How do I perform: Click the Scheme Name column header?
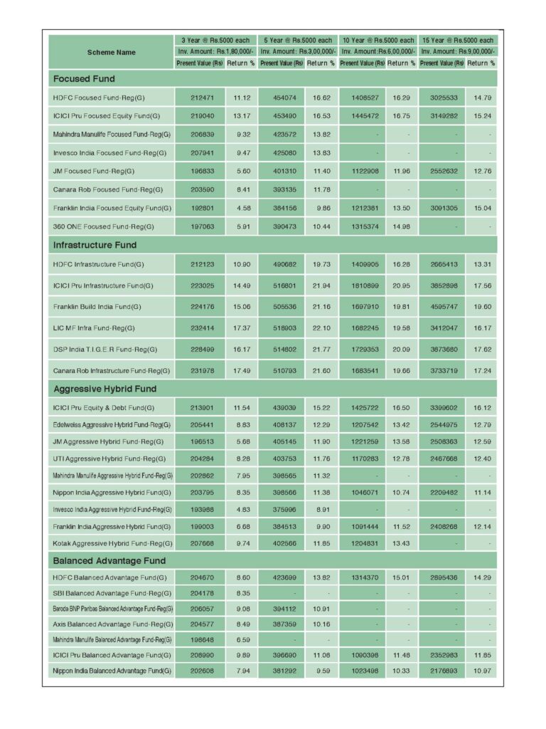point(111,52)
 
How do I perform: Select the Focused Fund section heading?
point(84,78)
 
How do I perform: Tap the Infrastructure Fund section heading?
point(95,245)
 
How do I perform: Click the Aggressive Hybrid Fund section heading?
point(105,389)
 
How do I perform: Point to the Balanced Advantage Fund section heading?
point(109,560)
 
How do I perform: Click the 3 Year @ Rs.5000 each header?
point(216,41)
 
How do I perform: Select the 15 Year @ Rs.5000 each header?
point(458,41)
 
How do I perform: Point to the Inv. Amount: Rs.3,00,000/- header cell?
point(296,52)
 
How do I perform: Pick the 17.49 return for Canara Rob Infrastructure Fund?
point(240,371)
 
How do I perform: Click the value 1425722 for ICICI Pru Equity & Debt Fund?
point(360,408)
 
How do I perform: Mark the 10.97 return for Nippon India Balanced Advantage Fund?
point(480,670)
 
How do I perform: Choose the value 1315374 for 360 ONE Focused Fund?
point(360,226)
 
